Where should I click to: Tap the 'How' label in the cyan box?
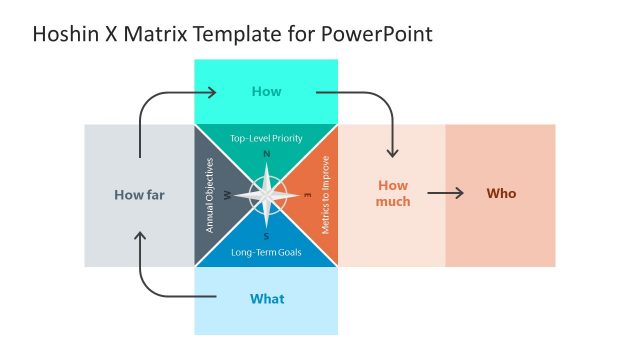click(x=266, y=92)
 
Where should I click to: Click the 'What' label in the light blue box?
click(x=266, y=299)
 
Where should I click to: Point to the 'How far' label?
click(x=139, y=195)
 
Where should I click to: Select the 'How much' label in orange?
click(x=393, y=194)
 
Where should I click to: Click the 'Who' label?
click(x=501, y=194)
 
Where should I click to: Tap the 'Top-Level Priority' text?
click(x=266, y=138)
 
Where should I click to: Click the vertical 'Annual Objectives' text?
click(x=210, y=195)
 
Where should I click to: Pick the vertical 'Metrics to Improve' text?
click(x=325, y=195)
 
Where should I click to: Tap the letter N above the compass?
click(x=266, y=154)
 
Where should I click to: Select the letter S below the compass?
click(x=266, y=237)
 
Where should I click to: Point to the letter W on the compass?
click(x=229, y=196)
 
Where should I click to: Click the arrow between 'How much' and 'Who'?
click(x=446, y=194)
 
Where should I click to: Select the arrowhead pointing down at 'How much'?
click(x=392, y=153)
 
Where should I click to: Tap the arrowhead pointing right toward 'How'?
click(x=212, y=93)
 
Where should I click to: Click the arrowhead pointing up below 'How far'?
click(x=140, y=237)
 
